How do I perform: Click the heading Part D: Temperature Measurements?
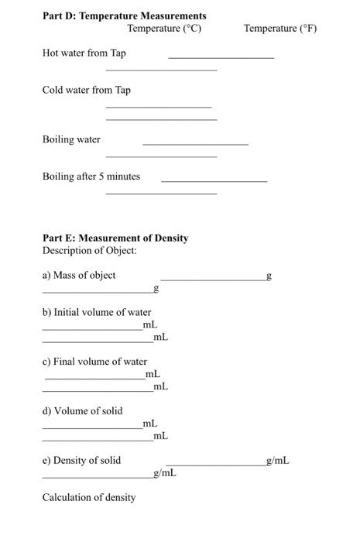[124, 15]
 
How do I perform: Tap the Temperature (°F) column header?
[280, 29]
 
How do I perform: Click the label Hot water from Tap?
[84, 53]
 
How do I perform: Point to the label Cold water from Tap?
[86, 90]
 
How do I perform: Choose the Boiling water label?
[71, 139]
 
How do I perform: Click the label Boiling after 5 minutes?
[91, 176]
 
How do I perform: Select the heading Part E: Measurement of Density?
[115, 238]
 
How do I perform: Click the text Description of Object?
[90, 250]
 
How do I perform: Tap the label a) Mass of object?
[79, 275]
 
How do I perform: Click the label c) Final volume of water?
[94, 362]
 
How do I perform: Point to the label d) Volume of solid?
[82, 410]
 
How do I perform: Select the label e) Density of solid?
[81, 460]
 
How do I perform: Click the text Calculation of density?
[89, 497]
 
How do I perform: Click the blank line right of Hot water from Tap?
[221, 57]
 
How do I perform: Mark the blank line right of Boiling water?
[195, 145]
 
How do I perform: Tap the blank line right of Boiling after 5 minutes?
[214, 181]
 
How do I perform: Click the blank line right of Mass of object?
[212, 280]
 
